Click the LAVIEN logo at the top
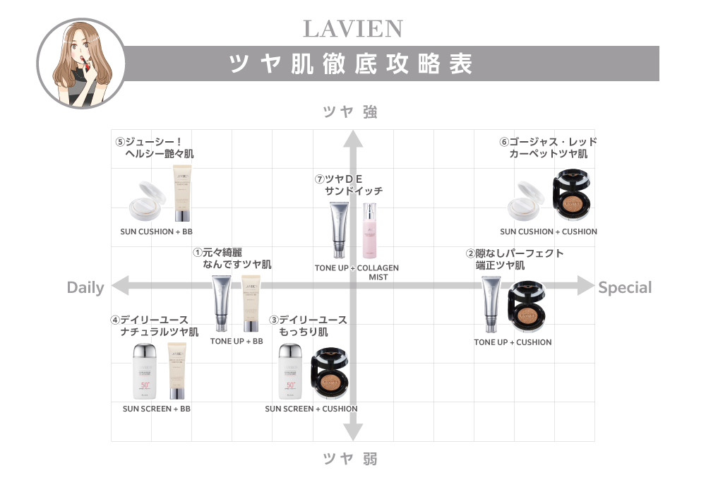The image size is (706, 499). [x=353, y=29]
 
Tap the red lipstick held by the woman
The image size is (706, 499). [x=83, y=61]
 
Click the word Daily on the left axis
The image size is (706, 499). [x=85, y=287]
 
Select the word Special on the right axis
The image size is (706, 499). [x=625, y=287]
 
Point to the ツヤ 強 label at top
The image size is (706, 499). [x=350, y=112]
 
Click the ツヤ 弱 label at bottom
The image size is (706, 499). [x=350, y=459]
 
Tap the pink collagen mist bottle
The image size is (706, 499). [x=370, y=230]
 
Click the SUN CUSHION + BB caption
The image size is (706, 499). [x=156, y=232]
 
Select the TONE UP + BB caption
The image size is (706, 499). [x=237, y=341]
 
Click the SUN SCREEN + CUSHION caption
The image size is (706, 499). [x=311, y=409]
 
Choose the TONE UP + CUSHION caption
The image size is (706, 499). [x=513, y=342]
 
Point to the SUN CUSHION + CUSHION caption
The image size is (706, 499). [x=549, y=232]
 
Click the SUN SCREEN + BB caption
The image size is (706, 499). [x=156, y=409]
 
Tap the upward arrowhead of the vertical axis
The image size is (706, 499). [x=353, y=138]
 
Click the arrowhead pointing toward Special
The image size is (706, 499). [x=586, y=286]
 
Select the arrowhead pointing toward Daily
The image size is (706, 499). [x=120, y=286]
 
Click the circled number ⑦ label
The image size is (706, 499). [x=320, y=179]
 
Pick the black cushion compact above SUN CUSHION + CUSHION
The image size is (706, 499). [x=572, y=195]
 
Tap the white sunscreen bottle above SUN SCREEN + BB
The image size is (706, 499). [x=145, y=371]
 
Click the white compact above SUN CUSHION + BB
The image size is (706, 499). [x=148, y=201]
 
